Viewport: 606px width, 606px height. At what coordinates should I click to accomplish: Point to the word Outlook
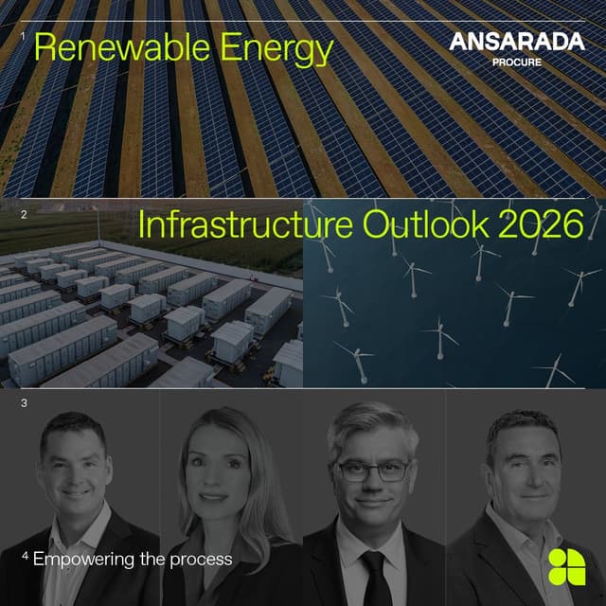422,225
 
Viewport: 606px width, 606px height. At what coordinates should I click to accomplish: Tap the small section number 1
22,35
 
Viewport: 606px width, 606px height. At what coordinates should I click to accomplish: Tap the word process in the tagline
201,560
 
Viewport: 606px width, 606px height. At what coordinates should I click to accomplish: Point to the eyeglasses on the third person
372,470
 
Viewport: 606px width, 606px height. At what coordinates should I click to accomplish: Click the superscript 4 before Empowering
26,556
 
